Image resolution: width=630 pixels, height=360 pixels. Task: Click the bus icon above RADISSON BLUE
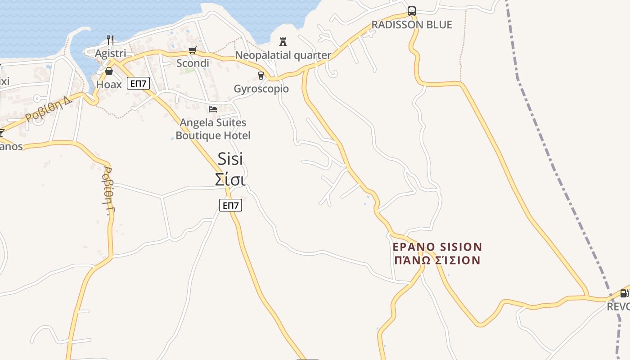tap(412, 11)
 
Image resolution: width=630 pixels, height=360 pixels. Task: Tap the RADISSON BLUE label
tap(412, 25)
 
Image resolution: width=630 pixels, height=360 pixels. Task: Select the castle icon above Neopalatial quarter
tap(283, 42)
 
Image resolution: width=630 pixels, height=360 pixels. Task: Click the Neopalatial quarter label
tap(283, 55)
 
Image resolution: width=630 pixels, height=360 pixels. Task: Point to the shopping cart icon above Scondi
tap(193, 50)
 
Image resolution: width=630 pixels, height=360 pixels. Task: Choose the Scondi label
tap(193, 63)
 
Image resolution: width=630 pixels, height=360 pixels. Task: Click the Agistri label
tap(110, 54)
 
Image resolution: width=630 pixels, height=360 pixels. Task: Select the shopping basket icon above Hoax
tap(109, 71)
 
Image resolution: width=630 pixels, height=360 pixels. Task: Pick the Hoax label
tap(109, 84)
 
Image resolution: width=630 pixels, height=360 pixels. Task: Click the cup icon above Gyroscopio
tap(261, 76)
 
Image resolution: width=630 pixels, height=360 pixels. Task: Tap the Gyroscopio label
tap(261, 89)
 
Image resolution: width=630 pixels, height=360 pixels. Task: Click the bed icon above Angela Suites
tap(213, 109)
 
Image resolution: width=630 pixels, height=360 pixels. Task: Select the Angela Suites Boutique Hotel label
tap(213, 129)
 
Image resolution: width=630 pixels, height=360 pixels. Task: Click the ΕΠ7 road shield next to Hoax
tap(138, 83)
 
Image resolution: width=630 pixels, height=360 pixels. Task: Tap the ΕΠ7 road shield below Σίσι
tap(230, 205)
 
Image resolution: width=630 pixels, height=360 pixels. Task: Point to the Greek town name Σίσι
tap(230, 180)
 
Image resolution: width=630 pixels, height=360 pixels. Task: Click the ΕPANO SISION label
tap(437, 247)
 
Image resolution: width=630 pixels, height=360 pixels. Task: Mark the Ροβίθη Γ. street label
tap(108, 191)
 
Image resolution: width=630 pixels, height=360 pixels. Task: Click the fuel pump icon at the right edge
tap(624, 293)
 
